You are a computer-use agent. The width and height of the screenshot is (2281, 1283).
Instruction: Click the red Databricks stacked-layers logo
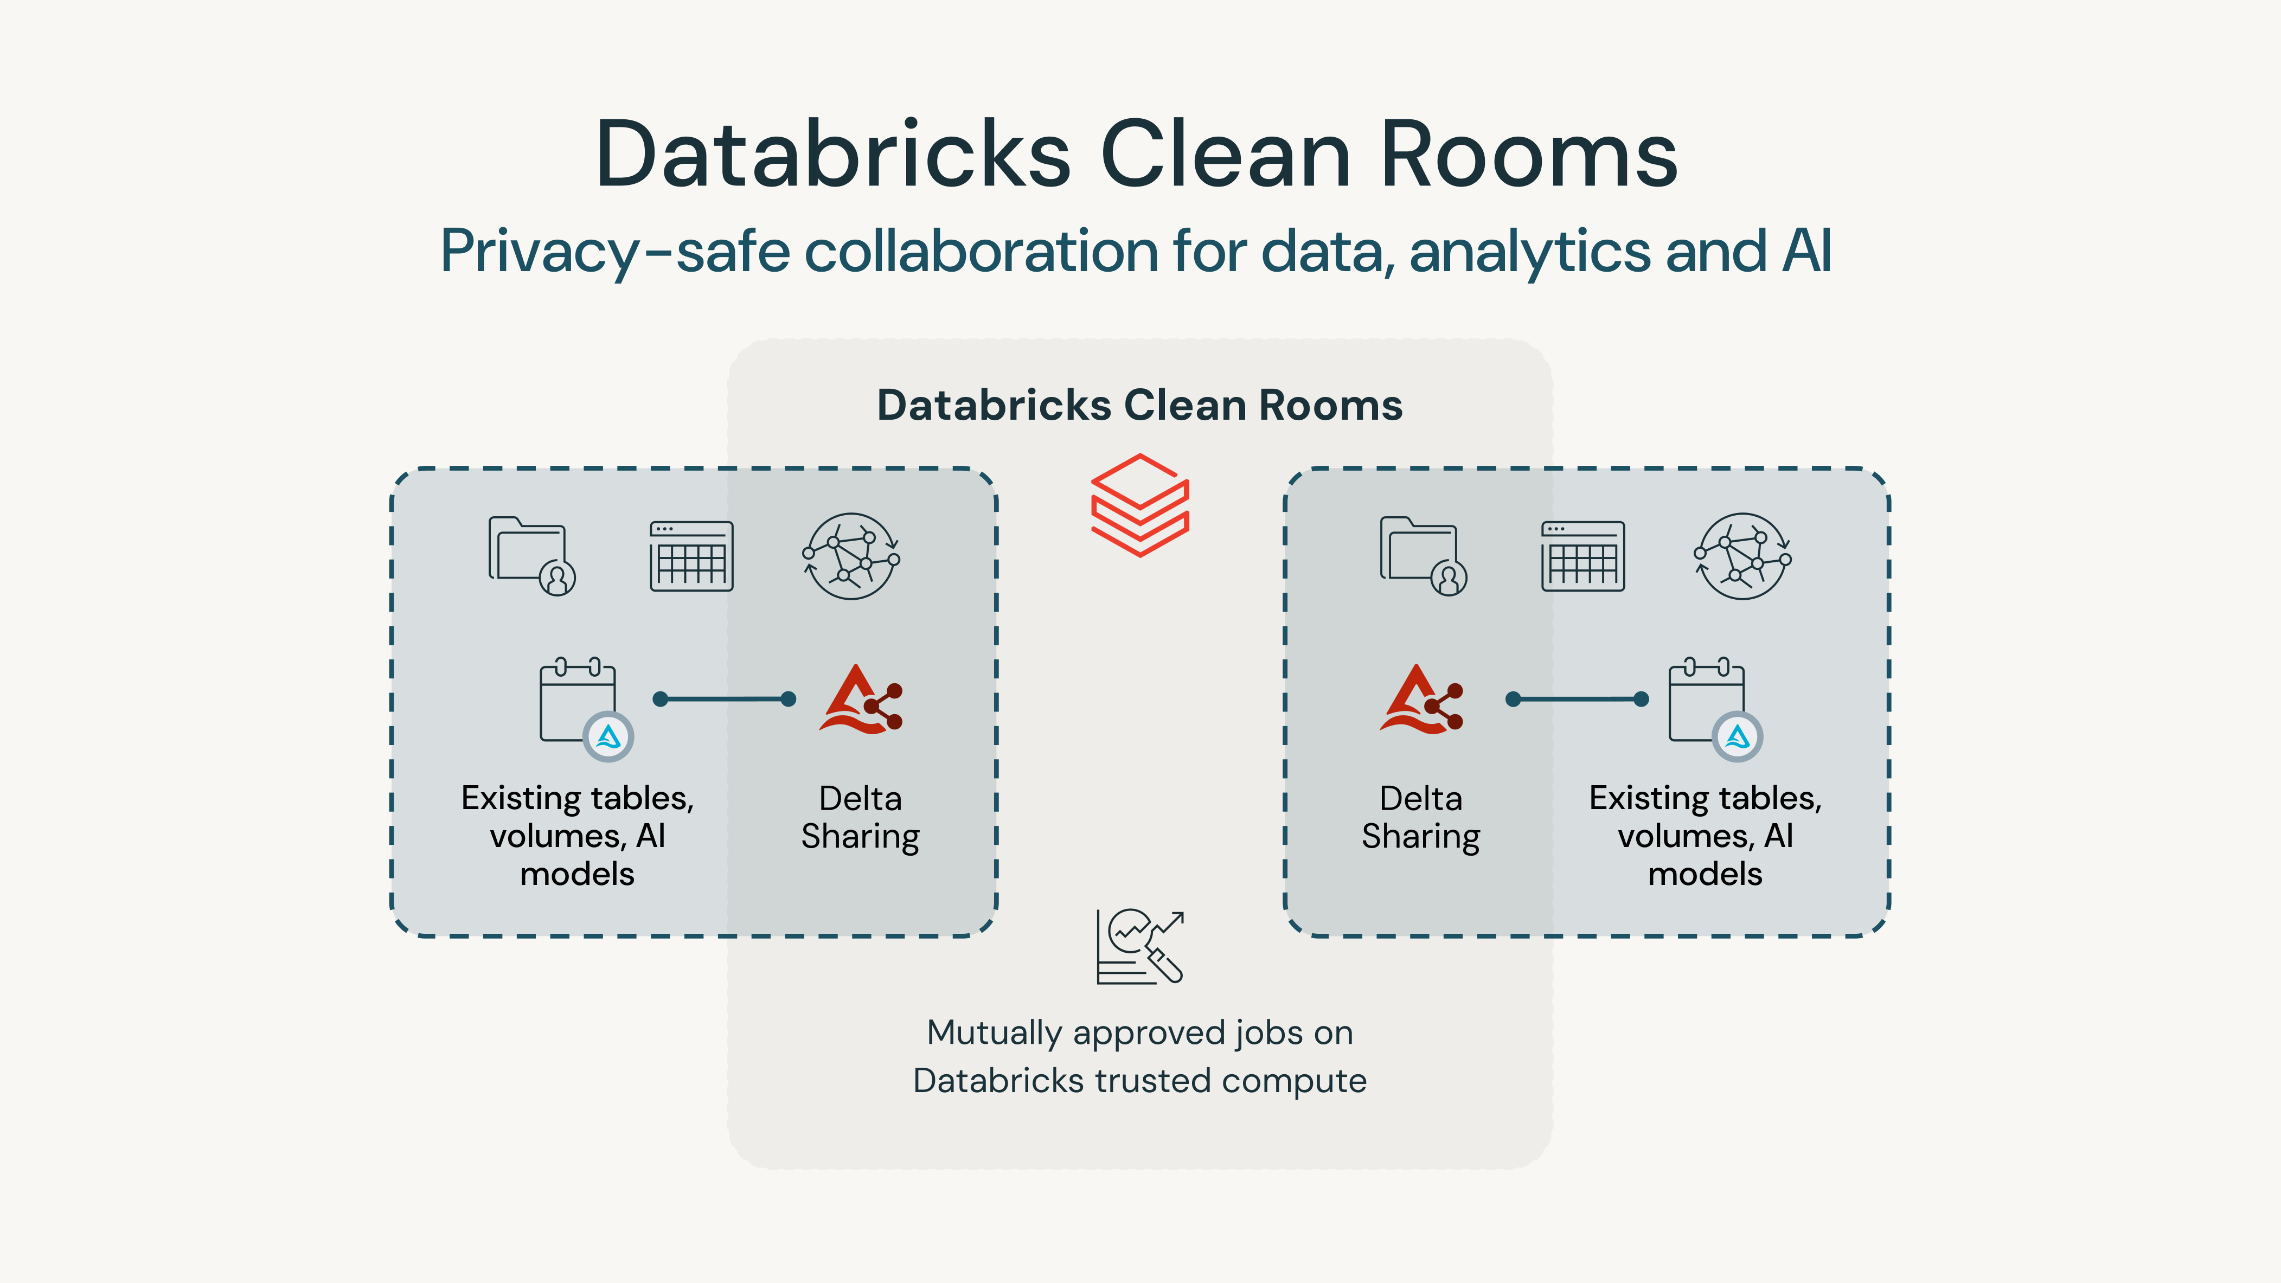(1139, 505)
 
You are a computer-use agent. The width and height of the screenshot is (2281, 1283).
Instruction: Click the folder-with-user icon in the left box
(531, 556)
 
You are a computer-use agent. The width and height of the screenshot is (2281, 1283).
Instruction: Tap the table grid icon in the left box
(691, 556)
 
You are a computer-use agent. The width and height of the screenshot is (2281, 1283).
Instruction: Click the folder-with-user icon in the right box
(1423, 556)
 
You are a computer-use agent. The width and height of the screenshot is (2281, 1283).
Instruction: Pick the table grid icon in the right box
(1583, 556)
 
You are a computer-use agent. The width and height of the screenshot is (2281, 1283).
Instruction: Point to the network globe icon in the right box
(1742, 556)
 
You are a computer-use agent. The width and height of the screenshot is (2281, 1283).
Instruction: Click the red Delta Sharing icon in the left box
(861, 700)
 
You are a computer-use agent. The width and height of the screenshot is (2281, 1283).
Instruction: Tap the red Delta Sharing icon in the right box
(1421, 700)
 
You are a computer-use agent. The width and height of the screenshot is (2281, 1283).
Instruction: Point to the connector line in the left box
(725, 700)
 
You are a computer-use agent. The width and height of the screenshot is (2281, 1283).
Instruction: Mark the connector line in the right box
(1577, 700)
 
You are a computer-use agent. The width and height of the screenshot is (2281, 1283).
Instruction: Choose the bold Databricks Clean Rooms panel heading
(1139, 406)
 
